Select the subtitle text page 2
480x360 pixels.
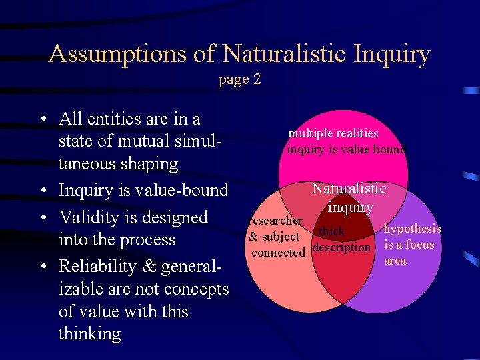coord(239,79)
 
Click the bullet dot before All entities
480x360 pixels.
coord(43,121)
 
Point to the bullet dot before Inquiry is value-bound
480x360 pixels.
coord(43,192)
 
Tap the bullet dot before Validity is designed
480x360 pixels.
coord(43,219)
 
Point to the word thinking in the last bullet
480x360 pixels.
coord(90,333)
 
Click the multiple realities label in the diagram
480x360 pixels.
coord(333,133)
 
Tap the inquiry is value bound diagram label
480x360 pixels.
coord(345,149)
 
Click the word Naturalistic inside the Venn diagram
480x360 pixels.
coord(349,189)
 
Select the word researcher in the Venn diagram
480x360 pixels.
coord(275,220)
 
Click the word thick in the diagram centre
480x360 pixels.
coord(331,231)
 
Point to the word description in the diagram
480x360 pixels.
coord(341,247)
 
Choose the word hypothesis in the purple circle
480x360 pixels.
coord(412,229)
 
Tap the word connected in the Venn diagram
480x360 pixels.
coord(278,253)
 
